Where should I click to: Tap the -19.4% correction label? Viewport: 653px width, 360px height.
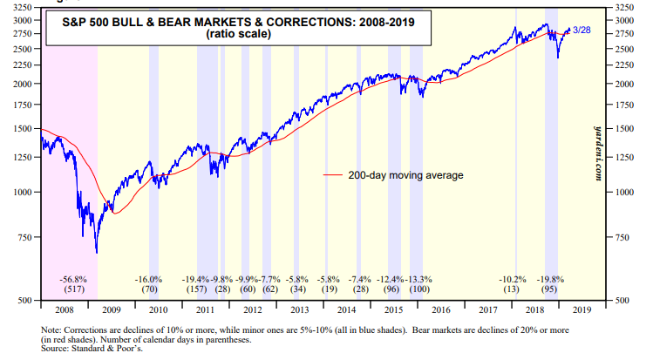point(197,279)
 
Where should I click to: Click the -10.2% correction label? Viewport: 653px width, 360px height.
point(513,279)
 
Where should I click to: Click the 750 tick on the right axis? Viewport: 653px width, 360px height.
point(625,237)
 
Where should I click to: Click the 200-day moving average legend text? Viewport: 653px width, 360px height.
point(405,175)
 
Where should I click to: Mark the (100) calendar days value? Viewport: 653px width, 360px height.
point(419,289)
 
